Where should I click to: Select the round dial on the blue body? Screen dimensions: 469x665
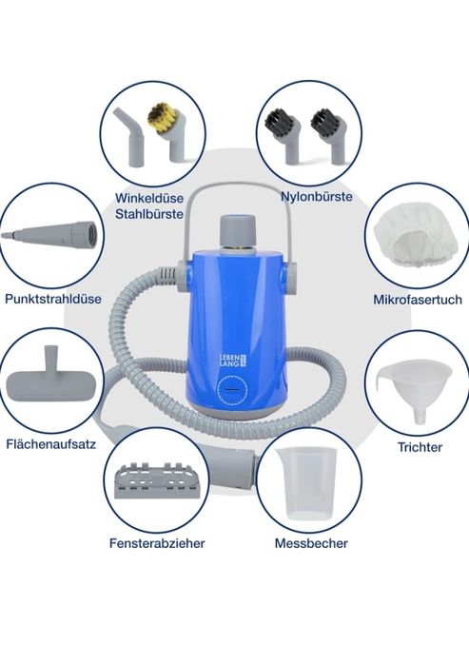(232, 389)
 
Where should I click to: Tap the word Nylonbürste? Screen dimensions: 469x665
(317, 196)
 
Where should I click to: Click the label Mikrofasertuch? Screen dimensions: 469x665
(418, 300)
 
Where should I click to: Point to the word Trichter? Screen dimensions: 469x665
(420, 447)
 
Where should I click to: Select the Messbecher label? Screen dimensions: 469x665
(311, 543)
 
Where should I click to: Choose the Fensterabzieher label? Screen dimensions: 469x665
(157, 543)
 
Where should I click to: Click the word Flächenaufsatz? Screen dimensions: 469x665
(50, 444)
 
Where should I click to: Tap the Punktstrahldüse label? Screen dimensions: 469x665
(53, 299)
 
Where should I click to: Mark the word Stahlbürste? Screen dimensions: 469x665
(149, 214)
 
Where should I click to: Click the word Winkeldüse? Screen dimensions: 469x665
(149, 198)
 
